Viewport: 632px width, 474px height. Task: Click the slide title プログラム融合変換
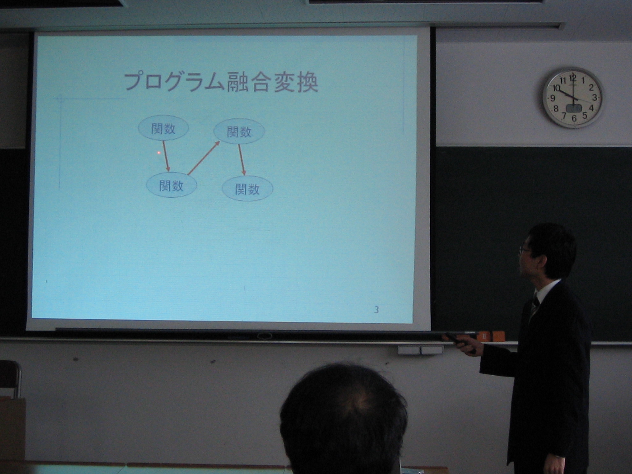coord(221,82)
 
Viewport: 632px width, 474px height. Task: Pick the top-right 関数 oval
coord(239,131)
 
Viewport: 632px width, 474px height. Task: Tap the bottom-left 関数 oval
coord(171,185)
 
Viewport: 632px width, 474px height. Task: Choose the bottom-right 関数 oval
coord(247,189)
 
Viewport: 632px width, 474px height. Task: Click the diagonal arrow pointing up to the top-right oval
coord(204,158)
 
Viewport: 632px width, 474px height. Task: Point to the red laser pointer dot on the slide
coord(159,153)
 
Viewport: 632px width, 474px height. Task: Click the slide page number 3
coord(376,310)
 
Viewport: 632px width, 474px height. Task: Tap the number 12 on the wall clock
coord(573,77)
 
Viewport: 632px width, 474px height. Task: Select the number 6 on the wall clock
coord(574,118)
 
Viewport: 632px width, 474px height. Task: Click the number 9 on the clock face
coord(553,98)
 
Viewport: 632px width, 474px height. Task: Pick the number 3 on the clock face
coord(594,97)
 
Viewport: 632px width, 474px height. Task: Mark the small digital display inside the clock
coord(574,108)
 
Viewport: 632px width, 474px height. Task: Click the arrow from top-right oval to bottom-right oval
coord(242,160)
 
